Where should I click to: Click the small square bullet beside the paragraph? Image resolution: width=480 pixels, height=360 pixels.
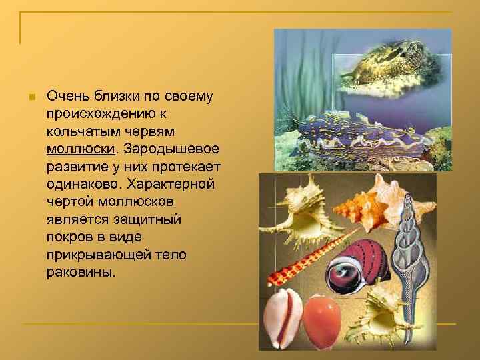pyautogui.click(x=29, y=97)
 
